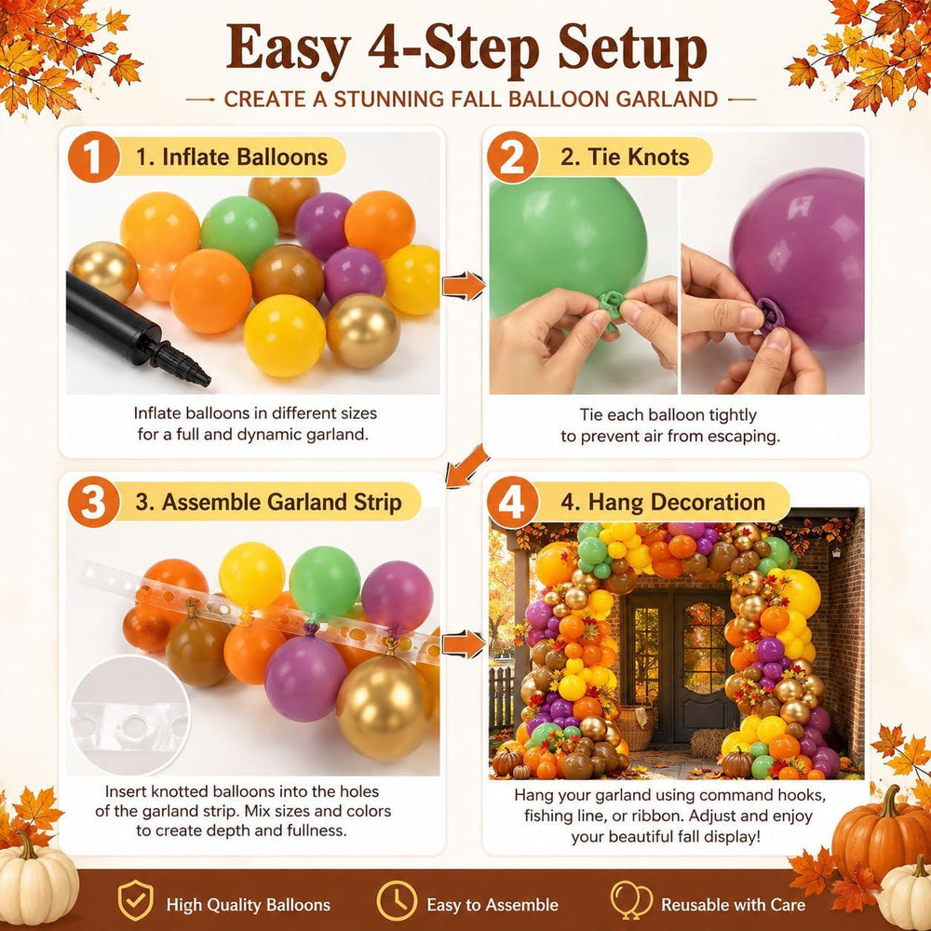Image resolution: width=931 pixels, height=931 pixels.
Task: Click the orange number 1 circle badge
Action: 94,156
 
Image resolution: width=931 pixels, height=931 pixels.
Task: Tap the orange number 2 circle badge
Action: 512,156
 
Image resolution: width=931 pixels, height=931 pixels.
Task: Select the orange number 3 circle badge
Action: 94,502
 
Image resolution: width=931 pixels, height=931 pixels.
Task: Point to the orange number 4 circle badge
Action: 512,503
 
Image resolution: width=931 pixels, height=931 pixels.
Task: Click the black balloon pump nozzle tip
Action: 204,380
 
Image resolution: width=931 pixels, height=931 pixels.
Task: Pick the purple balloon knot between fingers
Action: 770,314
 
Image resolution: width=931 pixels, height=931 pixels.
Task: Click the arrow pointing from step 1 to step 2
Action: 463,286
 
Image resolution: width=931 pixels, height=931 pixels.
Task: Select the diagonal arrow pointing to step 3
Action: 467,466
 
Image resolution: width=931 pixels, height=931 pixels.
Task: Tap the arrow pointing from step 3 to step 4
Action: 463,644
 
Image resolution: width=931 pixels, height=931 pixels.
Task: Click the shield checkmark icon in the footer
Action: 135,900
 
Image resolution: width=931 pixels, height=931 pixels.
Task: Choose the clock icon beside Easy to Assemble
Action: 397,900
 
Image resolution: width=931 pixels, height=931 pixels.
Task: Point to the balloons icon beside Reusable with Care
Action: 630,899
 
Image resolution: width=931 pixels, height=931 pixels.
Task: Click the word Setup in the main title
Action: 632,50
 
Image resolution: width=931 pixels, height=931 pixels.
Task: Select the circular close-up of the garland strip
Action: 130,715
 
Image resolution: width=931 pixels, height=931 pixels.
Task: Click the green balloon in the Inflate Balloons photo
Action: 239,232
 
